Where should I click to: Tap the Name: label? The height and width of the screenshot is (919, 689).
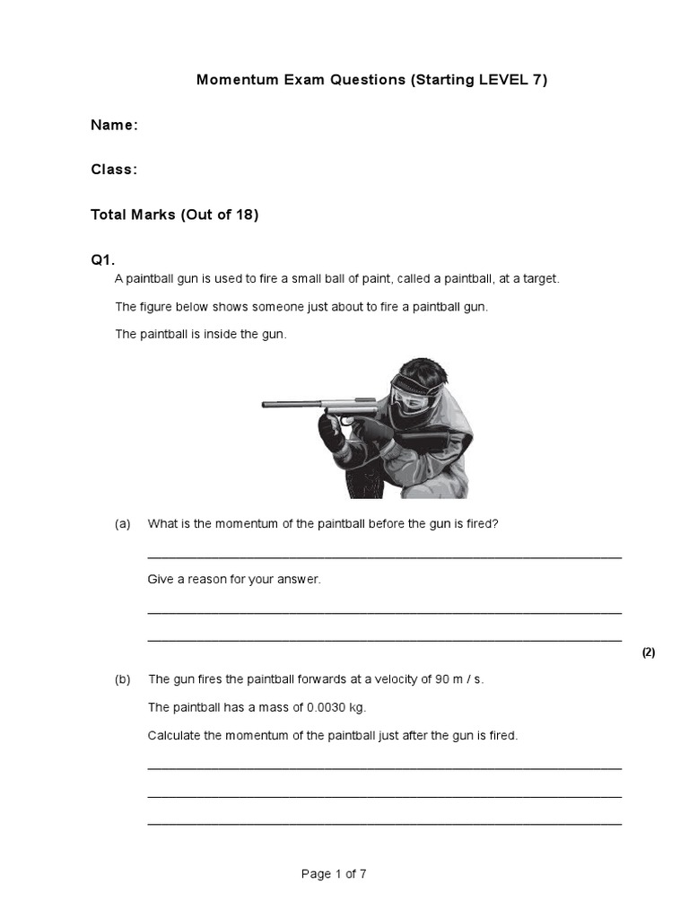(x=114, y=126)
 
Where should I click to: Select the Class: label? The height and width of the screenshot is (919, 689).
(x=114, y=170)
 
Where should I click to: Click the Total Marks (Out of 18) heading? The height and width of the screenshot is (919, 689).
(x=174, y=215)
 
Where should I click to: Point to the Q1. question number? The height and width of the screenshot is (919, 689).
(x=103, y=260)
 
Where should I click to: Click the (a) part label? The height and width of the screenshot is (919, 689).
(x=123, y=524)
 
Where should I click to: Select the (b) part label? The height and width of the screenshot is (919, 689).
(x=123, y=679)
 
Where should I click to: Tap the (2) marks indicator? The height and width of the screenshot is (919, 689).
(x=649, y=652)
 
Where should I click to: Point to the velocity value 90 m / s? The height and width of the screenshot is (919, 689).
(x=458, y=679)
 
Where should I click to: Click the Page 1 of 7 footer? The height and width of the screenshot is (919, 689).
(x=334, y=874)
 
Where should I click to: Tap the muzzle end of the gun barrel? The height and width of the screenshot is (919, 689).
(x=266, y=406)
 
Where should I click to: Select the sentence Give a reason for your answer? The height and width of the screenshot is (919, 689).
(x=233, y=580)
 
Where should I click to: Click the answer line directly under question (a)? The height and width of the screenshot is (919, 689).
(x=384, y=556)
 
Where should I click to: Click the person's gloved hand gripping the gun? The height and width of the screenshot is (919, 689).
(x=334, y=436)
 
